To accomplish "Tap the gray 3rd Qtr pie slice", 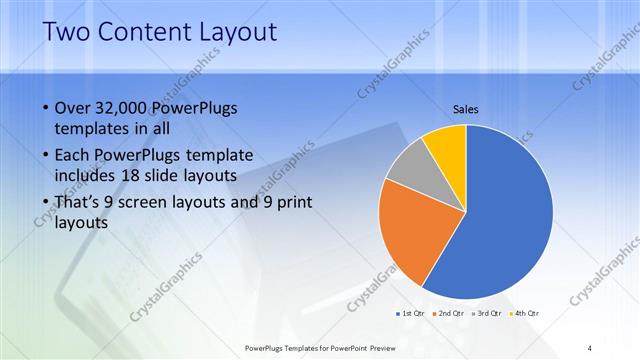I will tap(408, 169).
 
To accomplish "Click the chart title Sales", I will tap(466, 108).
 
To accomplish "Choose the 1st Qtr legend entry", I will tap(410, 313).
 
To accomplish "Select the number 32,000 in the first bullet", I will tap(125, 108).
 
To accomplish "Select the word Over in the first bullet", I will tap(73, 108).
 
